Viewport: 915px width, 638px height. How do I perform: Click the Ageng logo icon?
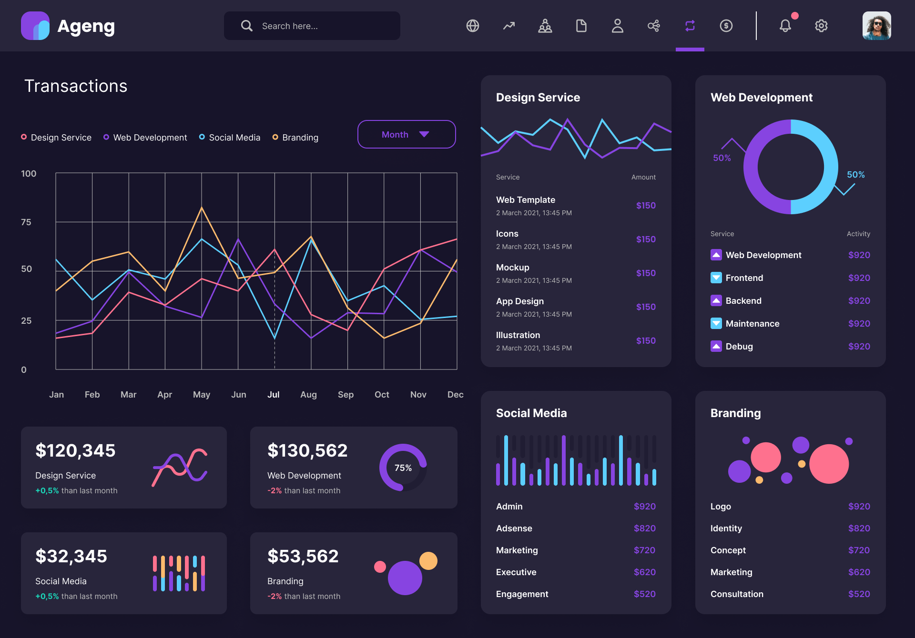pyautogui.click(x=35, y=26)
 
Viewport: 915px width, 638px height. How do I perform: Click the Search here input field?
pyautogui.click(x=312, y=26)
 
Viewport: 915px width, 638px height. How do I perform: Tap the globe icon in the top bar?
pyautogui.click(x=472, y=26)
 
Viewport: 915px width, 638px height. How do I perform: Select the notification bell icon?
pyautogui.click(x=785, y=26)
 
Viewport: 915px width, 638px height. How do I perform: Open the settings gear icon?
pyautogui.click(x=821, y=26)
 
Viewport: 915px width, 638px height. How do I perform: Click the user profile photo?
pyautogui.click(x=876, y=26)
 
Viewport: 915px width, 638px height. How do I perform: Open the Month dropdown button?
pyautogui.click(x=406, y=134)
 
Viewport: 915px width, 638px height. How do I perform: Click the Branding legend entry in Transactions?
pyautogui.click(x=295, y=138)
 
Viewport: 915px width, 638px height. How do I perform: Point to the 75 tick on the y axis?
pyautogui.click(x=26, y=222)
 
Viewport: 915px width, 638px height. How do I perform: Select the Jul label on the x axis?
pyautogui.click(x=273, y=395)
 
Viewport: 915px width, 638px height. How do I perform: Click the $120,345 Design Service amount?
pyautogui.click(x=75, y=450)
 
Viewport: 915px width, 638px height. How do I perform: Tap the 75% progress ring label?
pyautogui.click(x=403, y=468)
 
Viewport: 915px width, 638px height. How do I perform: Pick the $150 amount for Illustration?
pyautogui.click(x=645, y=341)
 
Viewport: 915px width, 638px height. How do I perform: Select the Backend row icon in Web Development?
pyautogui.click(x=716, y=300)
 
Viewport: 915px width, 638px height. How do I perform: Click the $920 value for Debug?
pyautogui.click(x=859, y=347)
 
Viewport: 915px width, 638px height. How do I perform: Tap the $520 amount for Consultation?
pyautogui.click(x=859, y=594)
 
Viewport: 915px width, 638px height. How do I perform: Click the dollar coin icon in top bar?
pyautogui.click(x=726, y=26)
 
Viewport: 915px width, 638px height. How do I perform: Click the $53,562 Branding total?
pyautogui.click(x=303, y=556)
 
